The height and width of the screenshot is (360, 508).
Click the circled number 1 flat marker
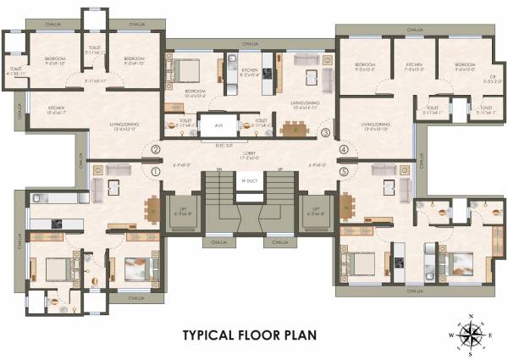[x=155, y=170]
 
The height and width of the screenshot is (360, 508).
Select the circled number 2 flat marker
[x=155, y=151]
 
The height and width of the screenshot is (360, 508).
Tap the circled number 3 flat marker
[x=326, y=131]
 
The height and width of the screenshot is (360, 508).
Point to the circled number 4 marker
[x=344, y=151]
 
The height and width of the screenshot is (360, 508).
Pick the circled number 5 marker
[x=344, y=170]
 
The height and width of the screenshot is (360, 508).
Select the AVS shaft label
[x=218, y=125]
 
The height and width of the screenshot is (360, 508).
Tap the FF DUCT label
[x=248, y=180]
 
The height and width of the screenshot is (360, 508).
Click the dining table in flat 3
[x=293, y=130]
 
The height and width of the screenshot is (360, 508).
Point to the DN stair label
[x=219, y=169]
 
